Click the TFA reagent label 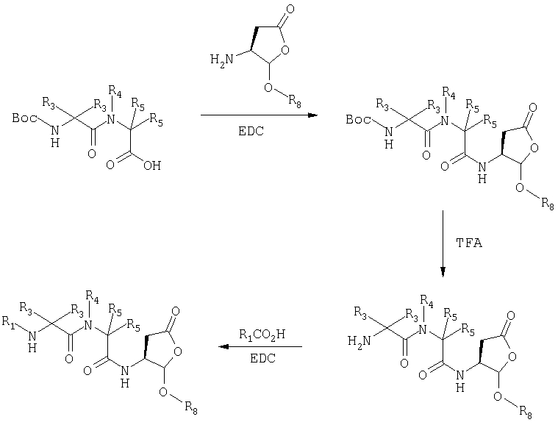469,243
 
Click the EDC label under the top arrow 251,131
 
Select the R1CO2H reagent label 262,335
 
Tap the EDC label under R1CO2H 263,358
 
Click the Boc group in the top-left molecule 24,118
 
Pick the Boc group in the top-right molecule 358,119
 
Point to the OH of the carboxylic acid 152,165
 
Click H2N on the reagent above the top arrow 222,59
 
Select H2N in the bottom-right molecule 359,341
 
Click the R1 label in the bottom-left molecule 9,322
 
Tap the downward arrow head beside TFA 443,272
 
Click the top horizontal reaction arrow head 312,115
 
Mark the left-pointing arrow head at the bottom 223,346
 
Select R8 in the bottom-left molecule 191,407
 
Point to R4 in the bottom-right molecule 426,301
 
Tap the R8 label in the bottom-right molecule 526,413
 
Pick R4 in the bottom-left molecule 92,296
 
